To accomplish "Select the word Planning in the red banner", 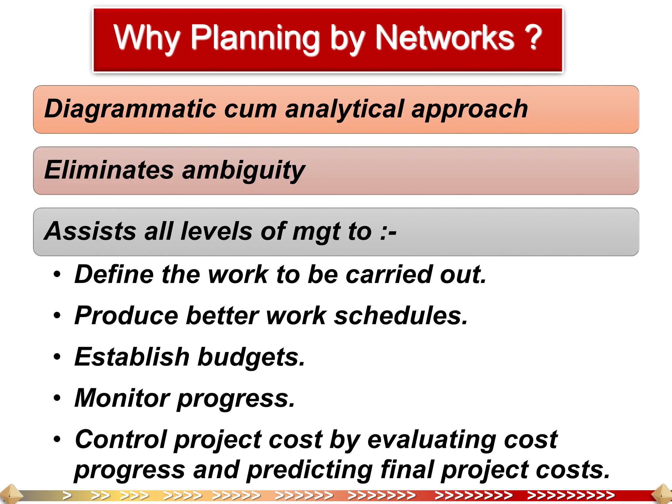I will pos(255,39).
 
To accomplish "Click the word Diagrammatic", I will pos(130,109).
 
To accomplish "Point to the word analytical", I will pos(344,110).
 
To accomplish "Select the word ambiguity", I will pos(243,171).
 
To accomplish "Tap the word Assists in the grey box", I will pos(90,231).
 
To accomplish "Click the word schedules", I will pos(400,316).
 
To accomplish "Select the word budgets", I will pos(251,357).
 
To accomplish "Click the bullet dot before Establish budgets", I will pos(57,357).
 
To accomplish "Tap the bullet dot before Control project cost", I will pos(57,439).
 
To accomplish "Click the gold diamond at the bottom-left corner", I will pos(10,494).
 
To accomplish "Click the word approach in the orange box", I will pos(470,110).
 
